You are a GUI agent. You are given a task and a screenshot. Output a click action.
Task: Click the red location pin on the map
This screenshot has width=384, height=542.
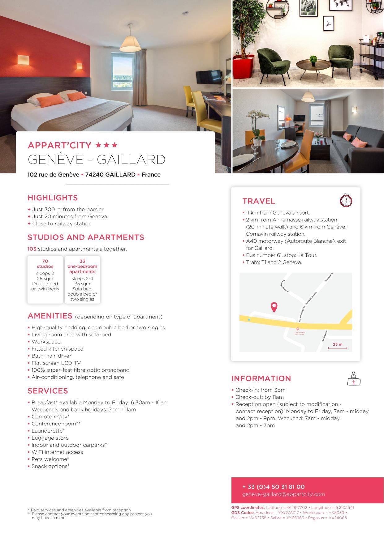click(274, 307)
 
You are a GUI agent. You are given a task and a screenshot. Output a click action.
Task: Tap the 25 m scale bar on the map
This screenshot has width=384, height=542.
click(337, 347)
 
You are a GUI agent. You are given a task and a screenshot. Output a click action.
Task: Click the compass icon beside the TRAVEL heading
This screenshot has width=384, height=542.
click(346, 200)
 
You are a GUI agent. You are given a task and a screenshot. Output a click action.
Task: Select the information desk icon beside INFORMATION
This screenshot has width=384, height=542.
click(354, 379)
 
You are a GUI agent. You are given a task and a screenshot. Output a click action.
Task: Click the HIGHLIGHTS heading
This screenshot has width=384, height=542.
click(53, 198)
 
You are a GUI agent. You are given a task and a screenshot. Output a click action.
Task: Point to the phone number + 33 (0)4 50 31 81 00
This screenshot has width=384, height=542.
click(273, 487)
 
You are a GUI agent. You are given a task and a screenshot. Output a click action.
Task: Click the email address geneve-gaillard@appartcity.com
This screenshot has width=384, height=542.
click(283, 494)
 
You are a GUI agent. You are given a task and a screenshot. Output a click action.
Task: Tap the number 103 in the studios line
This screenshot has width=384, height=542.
click(32, 249)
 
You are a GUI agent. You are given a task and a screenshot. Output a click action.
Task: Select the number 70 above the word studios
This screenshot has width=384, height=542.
click(45, 261)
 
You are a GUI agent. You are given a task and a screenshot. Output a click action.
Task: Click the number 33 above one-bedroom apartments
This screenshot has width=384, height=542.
click(82, 261)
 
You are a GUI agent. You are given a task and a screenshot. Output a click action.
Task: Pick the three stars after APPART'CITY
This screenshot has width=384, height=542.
click(106, 145)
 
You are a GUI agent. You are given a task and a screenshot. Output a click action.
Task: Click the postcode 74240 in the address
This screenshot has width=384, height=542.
click(94, 175)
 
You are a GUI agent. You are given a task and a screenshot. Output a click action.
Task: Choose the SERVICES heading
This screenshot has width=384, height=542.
click(48, 391)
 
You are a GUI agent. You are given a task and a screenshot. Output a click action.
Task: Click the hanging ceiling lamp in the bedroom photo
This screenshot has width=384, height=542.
click(130, 43)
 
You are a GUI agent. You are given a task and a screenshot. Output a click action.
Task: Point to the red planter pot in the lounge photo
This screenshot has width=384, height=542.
click(243, 67)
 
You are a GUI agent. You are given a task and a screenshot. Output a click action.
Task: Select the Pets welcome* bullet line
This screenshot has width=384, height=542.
click(50, 459)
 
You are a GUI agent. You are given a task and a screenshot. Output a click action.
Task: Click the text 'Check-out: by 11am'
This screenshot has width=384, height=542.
click(259, 397)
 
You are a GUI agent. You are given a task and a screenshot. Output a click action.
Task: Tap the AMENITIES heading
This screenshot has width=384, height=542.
click(50, 316)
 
